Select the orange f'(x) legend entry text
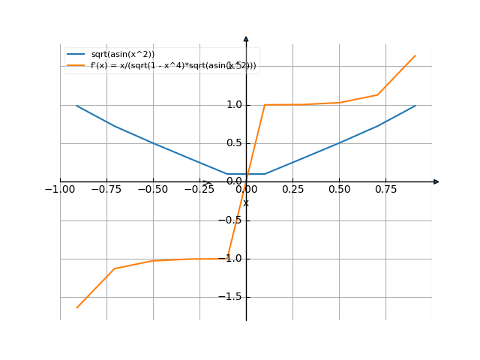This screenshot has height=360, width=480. [173, 66]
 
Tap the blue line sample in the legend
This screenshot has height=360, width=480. [76, 55]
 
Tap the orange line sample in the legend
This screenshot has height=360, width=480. [76, 66]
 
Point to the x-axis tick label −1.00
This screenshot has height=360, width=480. [60, 190]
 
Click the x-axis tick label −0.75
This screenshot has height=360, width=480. [106, 190]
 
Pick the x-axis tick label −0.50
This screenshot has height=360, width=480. [153, 190]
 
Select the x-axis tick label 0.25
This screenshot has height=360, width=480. [292, 190]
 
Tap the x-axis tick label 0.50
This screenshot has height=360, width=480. [339, 190]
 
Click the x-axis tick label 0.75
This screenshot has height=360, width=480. [385, 190]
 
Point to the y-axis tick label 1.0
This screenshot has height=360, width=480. [234, 104]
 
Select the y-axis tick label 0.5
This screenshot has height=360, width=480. [234, 142]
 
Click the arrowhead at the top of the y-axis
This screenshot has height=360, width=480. [246, 38]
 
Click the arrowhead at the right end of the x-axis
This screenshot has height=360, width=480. [436, 181]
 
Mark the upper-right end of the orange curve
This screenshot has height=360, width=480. [415, 55]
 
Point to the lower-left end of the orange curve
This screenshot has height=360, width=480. [76, 307]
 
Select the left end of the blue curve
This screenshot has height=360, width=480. [76, 106]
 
